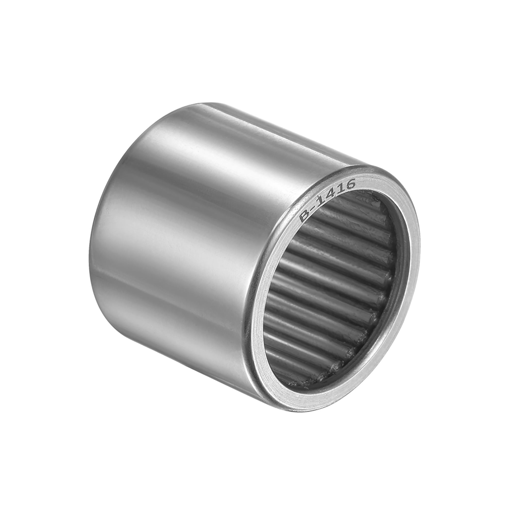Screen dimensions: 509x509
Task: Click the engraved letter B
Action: [305, 217]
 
